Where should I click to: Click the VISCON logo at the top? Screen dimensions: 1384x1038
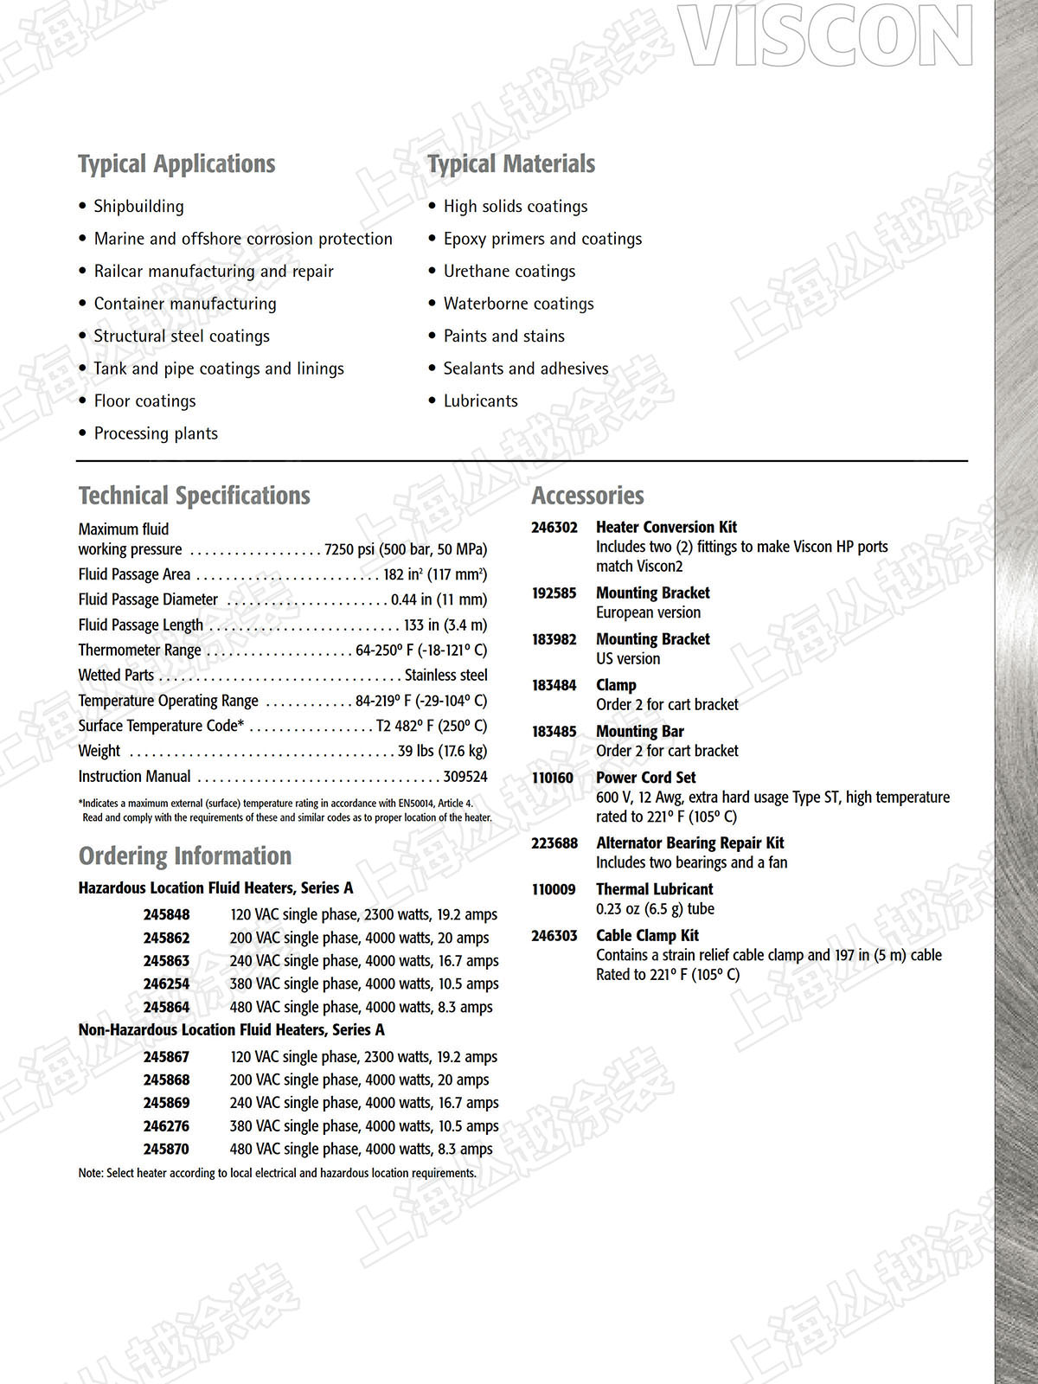pos(827,36)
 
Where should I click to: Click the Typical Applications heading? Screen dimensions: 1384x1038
pos(176,163)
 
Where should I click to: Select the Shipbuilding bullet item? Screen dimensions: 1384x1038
pos(138,206)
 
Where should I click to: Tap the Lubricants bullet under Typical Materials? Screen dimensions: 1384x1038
pos(480,400)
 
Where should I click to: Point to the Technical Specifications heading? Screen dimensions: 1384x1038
pos(194,496)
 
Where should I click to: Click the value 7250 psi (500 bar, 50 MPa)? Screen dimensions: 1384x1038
pos(405,549)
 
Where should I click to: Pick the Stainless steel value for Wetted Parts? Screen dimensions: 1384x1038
pos(445,675)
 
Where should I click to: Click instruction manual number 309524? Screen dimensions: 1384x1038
pos(465,776)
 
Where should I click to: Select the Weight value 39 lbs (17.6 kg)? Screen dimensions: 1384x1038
pos(442,751)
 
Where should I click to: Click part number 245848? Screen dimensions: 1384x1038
pos(166,914)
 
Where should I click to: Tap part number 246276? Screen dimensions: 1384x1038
pos(166,1125)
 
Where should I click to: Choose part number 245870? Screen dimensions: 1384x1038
pos(166,1149)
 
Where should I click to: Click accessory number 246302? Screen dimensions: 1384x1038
pos(554,527)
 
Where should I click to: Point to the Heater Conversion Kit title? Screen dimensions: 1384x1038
pos(666,527)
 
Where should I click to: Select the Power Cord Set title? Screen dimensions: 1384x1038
pos(645,778)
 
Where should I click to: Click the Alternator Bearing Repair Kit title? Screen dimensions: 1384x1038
pos(689,843)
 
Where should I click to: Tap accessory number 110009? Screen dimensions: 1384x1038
pos(553,889)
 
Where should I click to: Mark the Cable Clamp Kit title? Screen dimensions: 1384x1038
pos(647,935)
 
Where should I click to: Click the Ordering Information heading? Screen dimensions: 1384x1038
pos(185,855)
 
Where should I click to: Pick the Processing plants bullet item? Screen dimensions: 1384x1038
pos(156,433)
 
